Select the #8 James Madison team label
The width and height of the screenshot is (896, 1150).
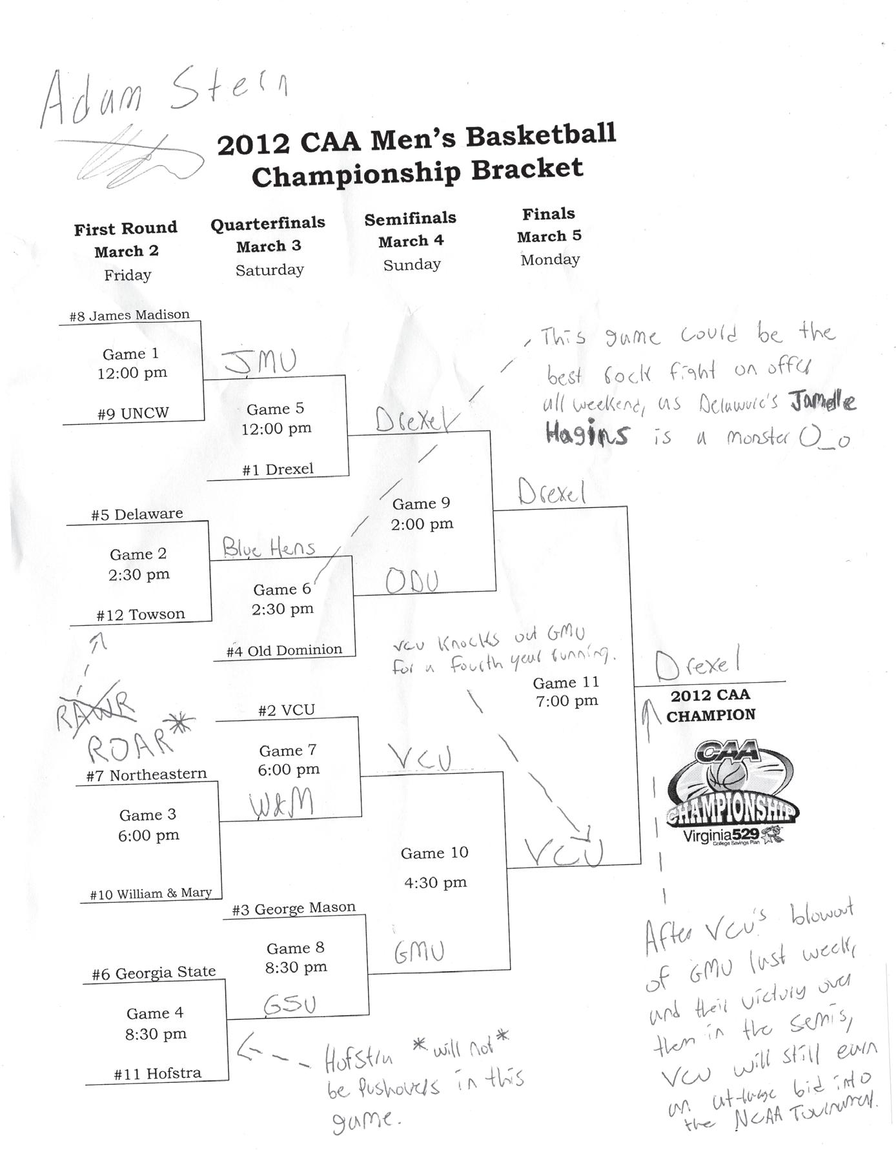coord(130,316)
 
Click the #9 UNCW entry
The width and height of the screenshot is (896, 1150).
coord(133,414)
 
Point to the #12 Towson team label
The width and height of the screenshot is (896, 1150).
coord(141,614)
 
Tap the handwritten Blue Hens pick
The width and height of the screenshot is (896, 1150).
coord(269,549)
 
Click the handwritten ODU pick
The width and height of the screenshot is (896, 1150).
coord(412,581)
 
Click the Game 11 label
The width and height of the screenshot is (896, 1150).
coord(566,683)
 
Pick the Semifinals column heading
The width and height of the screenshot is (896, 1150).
coord(410,219)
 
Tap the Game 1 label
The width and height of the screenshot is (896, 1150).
coord(130,354)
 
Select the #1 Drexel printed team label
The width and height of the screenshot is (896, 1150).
coord(278,470)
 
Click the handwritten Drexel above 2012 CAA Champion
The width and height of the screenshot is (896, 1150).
coord(698,665)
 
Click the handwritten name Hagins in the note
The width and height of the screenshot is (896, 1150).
coord(586,434)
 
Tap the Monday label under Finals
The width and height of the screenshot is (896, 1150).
coord(550,259)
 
